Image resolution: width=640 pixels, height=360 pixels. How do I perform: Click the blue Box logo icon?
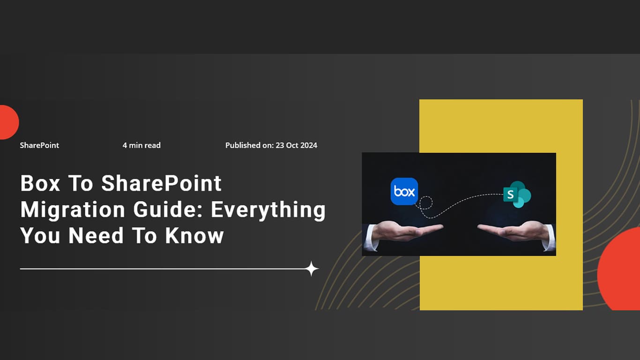click(404, 191)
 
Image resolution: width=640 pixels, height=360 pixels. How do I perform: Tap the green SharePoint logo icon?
click(517, 195)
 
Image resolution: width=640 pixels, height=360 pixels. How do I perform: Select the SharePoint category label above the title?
click(39, 145)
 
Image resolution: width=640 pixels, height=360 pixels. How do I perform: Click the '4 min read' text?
click(141, 145)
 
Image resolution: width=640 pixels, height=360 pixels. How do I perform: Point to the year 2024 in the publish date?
click(309, 145)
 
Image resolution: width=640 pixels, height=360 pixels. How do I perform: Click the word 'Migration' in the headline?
click(73, 210)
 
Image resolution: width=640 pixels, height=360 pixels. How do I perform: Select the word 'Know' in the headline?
click(194, 236)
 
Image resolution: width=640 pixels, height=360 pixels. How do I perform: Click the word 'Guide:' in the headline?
click(168, 210)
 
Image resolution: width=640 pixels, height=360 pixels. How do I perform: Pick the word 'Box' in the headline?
click(40, 183)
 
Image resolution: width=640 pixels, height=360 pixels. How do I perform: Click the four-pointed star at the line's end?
click(312, 269)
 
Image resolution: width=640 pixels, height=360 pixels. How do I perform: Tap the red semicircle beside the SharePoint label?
click(8, 122)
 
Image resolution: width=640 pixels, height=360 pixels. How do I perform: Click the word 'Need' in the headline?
click(96, 236)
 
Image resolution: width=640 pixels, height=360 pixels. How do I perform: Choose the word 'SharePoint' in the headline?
click(162, 183)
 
